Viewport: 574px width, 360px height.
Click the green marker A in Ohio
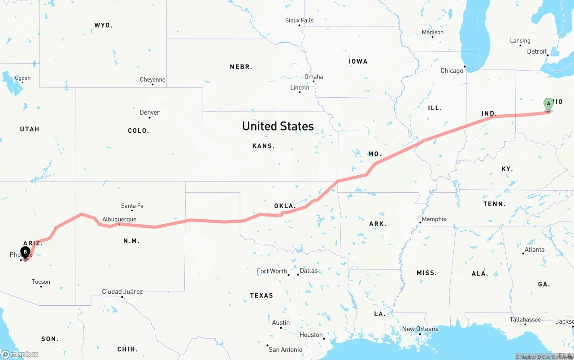coord(548,104)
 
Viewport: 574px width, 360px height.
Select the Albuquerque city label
coord(119,219)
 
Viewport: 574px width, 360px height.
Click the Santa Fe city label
coord(132,206)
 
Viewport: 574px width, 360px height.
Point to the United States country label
coord(278,126)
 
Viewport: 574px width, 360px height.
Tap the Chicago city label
coord(452,71)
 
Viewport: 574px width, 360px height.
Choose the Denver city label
coord(149,112)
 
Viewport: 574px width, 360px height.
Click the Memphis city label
coord(434,219)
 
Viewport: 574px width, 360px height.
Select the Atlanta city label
coord(535,250)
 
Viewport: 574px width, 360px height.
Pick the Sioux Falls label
coord(300,20)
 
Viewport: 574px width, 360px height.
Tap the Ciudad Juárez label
coord(122,291)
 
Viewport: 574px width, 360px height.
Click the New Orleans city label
coord(420,329)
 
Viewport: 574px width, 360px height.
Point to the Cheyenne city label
coord(152,79)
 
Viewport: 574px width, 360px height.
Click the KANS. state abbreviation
coord(264,146)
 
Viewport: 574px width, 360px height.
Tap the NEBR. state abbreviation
coord(241,67)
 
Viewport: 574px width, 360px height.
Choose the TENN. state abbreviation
coord(495,204)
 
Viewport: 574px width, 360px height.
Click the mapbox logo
coord(20,354)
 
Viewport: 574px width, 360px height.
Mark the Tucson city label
coord(41,282)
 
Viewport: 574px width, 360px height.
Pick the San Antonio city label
coord(286,349)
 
